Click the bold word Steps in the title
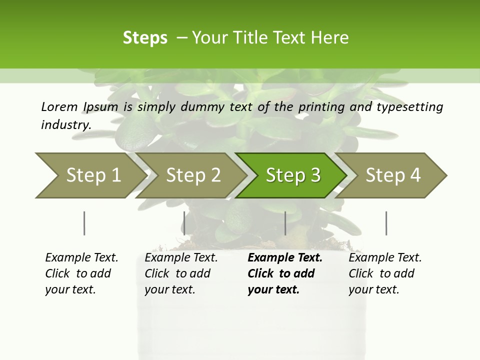145,38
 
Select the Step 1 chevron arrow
90,175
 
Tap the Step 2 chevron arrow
193,175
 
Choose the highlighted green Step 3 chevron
292,175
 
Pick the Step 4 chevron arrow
393,175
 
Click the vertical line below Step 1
84,223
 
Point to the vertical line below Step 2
184,223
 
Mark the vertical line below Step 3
285,223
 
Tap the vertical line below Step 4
386,223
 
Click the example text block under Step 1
81,273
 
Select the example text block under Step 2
181,273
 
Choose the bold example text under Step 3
284,273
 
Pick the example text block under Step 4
385,273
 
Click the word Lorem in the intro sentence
59,106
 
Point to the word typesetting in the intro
414,107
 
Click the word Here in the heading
331,38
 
